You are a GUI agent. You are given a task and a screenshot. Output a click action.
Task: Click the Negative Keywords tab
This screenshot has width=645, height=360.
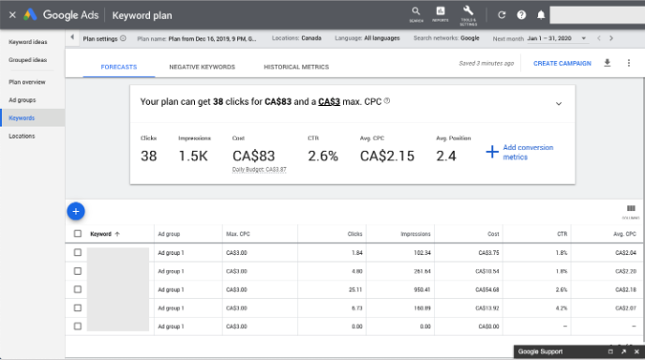(x=202, y=67)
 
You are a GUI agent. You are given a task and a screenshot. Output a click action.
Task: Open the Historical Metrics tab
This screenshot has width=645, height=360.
(x=295, y=67)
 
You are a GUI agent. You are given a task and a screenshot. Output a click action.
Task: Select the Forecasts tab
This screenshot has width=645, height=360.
(x=119, y=67)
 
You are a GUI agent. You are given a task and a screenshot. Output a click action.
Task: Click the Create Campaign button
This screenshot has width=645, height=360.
(x=562, y=64)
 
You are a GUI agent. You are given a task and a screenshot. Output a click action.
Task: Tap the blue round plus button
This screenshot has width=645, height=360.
(x=77, y=211)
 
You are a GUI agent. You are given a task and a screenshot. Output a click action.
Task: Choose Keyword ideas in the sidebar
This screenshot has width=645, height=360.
(x=27, y=42)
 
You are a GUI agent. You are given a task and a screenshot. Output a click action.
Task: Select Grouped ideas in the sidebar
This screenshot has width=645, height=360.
(x=29, y=59)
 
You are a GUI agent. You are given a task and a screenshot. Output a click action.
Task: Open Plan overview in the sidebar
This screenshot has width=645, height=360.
(x=27, y=82)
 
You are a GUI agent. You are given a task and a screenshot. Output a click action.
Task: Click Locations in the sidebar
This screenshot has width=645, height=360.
(x=22, y=136)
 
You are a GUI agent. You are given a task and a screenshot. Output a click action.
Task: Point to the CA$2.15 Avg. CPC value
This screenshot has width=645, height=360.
(x=386, y=156)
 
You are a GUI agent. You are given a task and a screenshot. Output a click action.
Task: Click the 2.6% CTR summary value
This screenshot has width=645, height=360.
(x=322, y=156)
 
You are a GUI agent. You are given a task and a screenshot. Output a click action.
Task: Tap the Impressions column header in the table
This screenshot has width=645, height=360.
(x=415, y=233)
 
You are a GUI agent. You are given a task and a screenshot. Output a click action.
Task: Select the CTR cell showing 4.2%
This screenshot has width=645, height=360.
(x=588, y=307)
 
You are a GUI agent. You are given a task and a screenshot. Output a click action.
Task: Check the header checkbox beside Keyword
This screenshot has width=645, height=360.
(x=78, y=233)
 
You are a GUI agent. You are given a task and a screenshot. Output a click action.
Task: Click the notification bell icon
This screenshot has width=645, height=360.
(x=540, y=14)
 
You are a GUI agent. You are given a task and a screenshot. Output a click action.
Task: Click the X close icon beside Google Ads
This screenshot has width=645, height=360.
(x=12, y=14)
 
